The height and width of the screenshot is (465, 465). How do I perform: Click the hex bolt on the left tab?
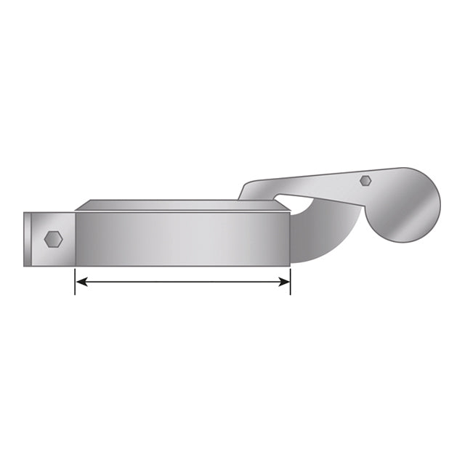point(53,238)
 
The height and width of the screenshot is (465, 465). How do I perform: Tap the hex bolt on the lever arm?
point(366,179)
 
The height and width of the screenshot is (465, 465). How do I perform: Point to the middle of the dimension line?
point(182,281)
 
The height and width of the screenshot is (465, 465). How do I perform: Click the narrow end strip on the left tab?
point(26,239)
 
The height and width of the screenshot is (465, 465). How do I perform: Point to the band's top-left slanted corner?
point(81,206)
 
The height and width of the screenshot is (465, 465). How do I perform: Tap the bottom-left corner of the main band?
point(76,265)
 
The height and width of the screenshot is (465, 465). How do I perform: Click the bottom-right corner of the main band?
point(290,265)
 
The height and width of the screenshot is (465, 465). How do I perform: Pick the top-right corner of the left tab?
point(73,212)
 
